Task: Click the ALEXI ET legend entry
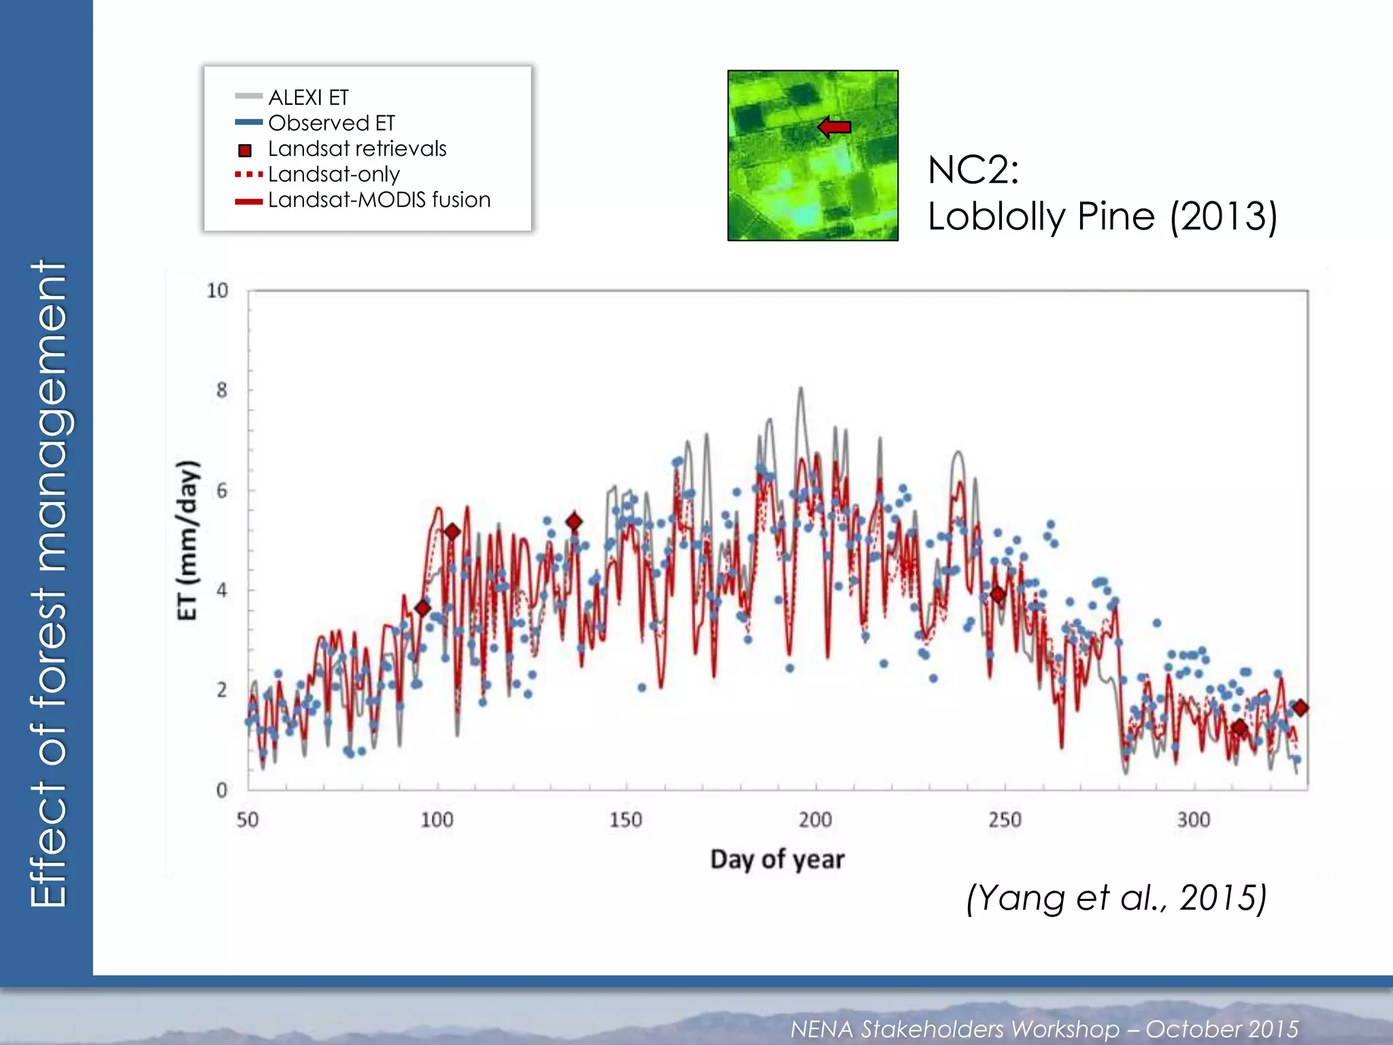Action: (x=307, y=97)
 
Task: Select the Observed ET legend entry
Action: (x=331, y=123)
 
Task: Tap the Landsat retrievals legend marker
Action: (x=245, y=150)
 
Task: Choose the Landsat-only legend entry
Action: (x=333, y=174)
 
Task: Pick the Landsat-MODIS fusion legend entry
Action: (x=378, y=200)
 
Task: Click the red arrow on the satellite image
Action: (x=835, y=127)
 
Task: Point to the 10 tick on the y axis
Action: (x=218, y=291)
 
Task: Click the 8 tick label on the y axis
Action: (x=222, y=391)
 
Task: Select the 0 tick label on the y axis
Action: (x=222, y=790)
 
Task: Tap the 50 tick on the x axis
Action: (x=248, y=819)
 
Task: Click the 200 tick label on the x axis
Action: (x=815, y=819)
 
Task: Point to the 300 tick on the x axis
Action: (x=1194, y=819)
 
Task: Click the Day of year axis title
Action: (x=777, y=859)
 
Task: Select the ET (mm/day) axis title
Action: (x=188, y=540)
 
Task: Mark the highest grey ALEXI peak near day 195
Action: (x=801, y=389)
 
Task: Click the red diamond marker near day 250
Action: (x=998, y=594)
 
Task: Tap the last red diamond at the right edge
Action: (x=1300, y=708)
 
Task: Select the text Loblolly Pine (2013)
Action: (x=1102, y=216)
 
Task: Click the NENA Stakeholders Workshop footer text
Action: (x=1044, y=1029)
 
